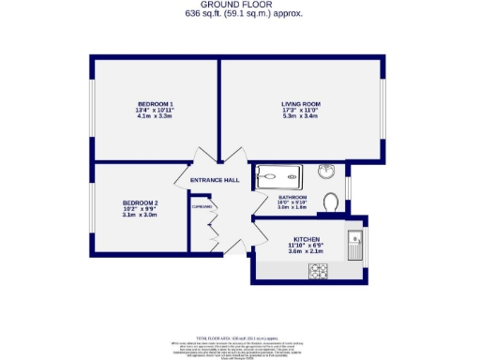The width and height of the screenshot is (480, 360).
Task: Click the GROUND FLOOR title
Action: (240, 5)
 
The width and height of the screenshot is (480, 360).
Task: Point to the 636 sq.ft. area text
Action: (240, 14)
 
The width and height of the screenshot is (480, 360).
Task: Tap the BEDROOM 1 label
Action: (156, 102)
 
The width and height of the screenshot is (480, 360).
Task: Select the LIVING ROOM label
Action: (301, 104)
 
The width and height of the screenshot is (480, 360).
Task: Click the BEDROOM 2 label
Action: (141, 202)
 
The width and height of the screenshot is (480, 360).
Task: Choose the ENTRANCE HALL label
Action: (215, 180)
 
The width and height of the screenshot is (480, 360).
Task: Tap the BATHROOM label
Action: (292, 197)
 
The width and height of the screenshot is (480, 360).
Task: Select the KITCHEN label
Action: (307, 238)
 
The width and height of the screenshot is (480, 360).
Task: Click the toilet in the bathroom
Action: (330, 202)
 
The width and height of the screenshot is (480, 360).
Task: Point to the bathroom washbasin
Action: (325, 172)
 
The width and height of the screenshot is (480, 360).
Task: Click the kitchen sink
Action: (355, 247)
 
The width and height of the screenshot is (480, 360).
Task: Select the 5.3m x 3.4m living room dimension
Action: (301, 117)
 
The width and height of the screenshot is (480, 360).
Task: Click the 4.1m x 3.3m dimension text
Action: (156, 115)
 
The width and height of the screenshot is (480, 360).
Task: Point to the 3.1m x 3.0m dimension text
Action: (141, 215)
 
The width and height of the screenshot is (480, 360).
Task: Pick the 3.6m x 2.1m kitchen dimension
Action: (307, 251)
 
